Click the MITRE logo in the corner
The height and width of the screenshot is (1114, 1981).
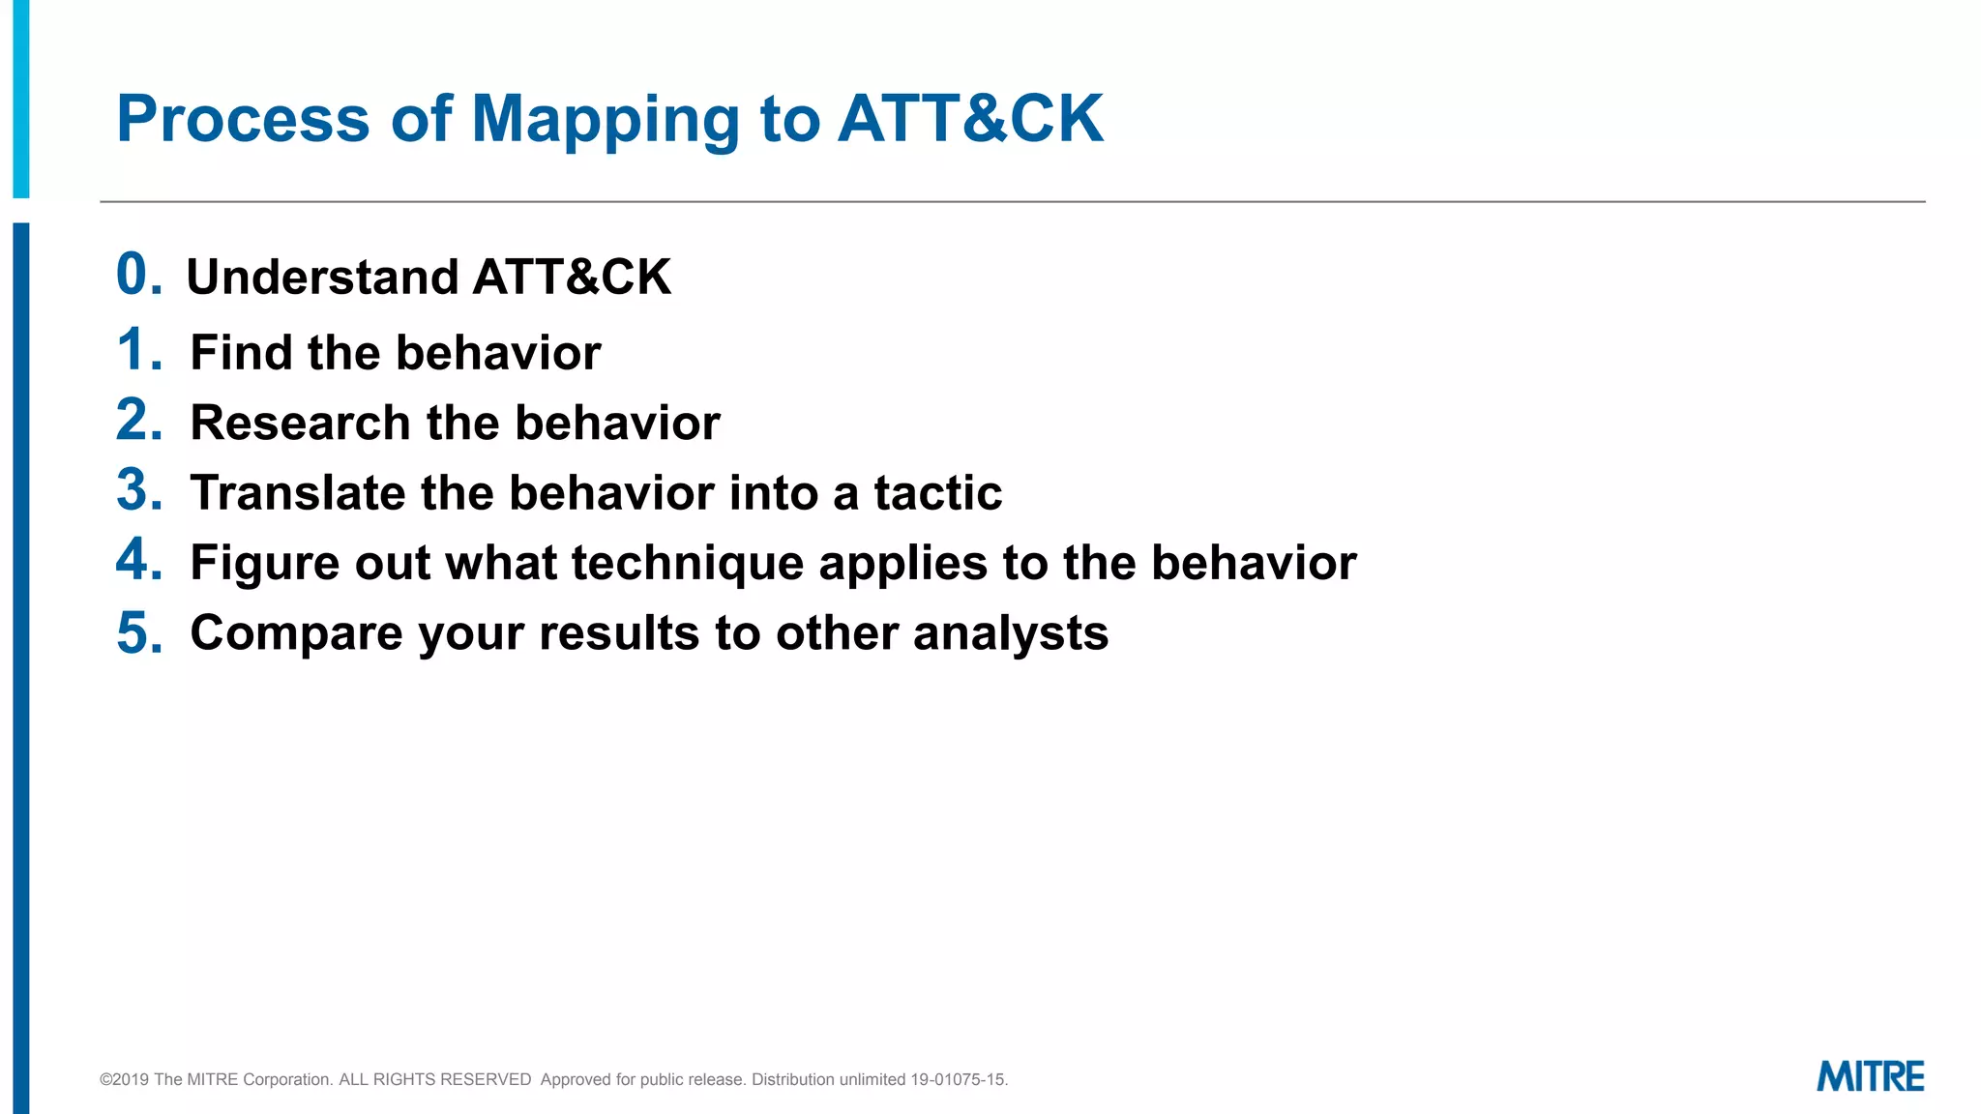tap(1870, 1076)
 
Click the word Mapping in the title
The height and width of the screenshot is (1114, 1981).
tap(606, 120)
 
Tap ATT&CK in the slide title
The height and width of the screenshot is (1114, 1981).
tap(970, 120)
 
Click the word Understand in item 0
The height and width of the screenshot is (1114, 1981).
tap(322, 278)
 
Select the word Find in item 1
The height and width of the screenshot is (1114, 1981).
tap(242, 352)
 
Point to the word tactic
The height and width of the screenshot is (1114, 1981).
tap(937, 493)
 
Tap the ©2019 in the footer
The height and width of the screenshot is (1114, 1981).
tap(124, 1079)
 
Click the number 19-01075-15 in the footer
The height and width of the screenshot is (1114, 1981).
tap(958, 1079)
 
